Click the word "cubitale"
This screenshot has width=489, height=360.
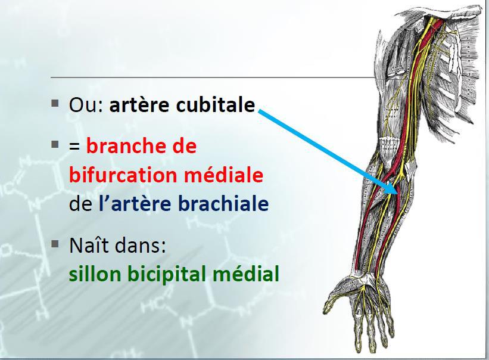[x=216, y=105]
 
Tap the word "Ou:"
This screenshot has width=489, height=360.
[x=86, y=105]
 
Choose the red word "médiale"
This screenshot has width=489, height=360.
[x=223, y=175]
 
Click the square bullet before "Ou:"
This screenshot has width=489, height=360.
[x=55, y=103]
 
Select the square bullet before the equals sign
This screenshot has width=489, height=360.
[x=55, y=144]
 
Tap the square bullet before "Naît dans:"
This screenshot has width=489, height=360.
[x=55, y=244]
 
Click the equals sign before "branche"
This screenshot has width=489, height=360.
[x=74, y=147]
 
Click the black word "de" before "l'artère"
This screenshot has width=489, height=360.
[x=80, y=204]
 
